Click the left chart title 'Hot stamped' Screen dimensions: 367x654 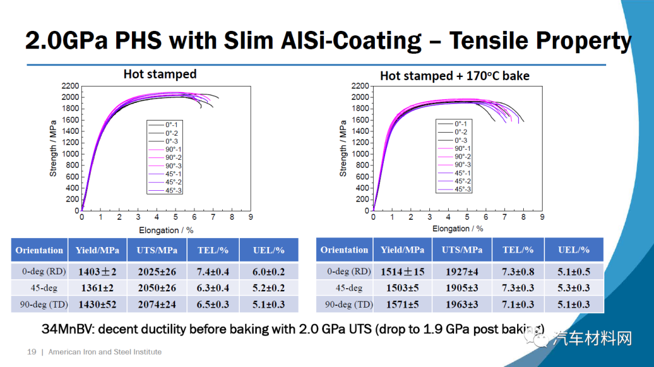click(x=160, y=74)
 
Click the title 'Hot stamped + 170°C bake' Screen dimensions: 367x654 click(x=454, y=76)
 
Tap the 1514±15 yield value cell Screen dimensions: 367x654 click(x=403, y=272)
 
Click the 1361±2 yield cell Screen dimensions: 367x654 click(x=97, y=288)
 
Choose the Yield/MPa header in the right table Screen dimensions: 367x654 click(x=403, y=250)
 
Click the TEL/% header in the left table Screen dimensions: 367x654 click(x=213, y=250)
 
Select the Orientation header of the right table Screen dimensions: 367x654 click(x=344, y=250)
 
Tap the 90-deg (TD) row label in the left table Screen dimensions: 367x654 click(x=39, y=304)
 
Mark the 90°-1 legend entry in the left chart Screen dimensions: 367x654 click(x=173, y=149)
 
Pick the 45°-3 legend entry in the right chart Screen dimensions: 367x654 click(x=463, y=190)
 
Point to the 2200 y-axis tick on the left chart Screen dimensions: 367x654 click(x=70, y=86)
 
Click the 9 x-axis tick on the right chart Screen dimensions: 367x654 click(x=541, y=217)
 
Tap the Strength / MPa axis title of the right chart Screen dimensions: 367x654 click(x=343, y=148)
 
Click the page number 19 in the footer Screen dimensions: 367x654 click(x=31, y=352)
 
